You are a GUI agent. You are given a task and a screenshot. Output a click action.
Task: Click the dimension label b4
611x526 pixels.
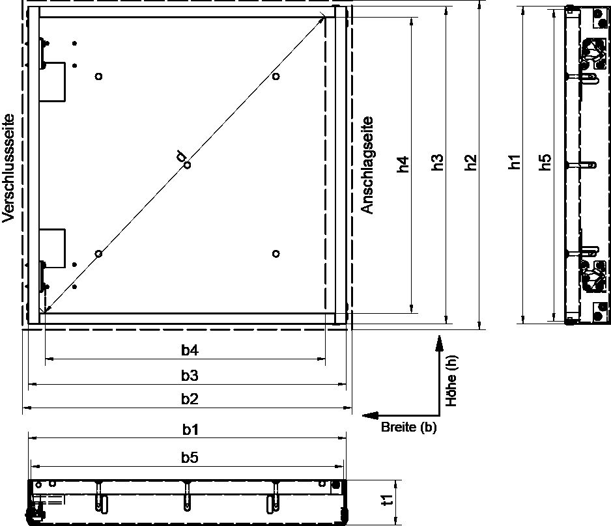pos(190,350)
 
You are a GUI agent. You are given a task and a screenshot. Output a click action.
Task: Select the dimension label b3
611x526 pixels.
pos(190,376)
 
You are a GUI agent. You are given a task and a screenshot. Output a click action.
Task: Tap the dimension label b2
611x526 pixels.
pos(190,399)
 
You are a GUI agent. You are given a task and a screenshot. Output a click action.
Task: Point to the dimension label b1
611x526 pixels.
pos(190,430)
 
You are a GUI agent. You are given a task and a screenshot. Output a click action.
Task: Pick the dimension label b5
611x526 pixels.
pos(190,458)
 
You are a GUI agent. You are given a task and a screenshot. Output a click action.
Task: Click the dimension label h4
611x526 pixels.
pos(403,164)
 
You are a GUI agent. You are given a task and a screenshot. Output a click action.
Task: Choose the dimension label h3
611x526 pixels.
pos(437,162)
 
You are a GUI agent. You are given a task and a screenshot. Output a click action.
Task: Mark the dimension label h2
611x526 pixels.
pos(471,162)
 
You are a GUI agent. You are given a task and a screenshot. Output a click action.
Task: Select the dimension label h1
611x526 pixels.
pos(515,161)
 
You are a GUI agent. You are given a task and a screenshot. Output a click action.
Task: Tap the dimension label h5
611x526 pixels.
pos(546,162)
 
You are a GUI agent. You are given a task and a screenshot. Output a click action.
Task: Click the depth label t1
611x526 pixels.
pos(387,500)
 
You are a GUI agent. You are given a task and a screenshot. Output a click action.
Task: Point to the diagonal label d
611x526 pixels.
pos(181,156)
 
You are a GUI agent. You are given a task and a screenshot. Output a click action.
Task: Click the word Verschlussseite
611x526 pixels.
pos(8,168)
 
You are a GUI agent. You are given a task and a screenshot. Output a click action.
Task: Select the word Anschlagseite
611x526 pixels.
pos(367,165)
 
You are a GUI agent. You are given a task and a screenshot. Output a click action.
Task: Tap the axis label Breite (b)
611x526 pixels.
pos(409,427)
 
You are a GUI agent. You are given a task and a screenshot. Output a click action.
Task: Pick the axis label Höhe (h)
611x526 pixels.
pos(451,381)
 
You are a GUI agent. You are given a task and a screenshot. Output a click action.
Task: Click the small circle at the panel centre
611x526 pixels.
pos(188,165)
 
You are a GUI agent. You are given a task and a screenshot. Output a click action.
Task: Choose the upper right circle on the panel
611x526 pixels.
pos(276,76)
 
